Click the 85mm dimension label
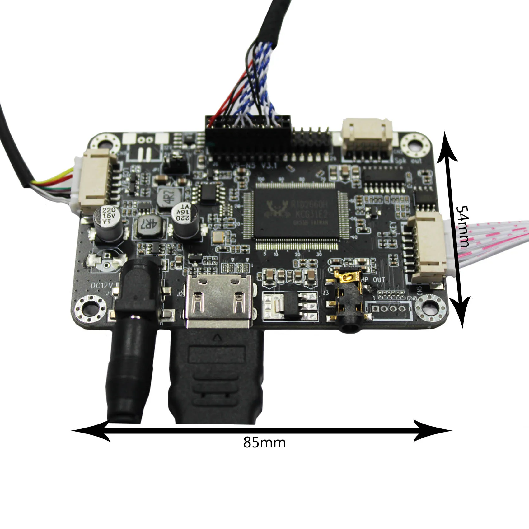click(264, 442)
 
